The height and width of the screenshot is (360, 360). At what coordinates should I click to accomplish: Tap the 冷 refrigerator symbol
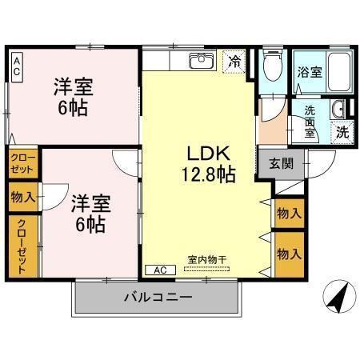point(234,61)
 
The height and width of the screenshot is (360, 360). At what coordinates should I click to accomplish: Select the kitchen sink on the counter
point(199,61)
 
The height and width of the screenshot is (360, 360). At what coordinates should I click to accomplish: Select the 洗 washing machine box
point(342,131)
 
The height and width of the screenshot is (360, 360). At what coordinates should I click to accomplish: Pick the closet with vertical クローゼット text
point(22,246)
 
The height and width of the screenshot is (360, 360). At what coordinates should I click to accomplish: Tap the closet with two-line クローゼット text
point(22,165)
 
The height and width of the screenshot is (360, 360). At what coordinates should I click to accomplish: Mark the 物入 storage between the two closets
point(22,197)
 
